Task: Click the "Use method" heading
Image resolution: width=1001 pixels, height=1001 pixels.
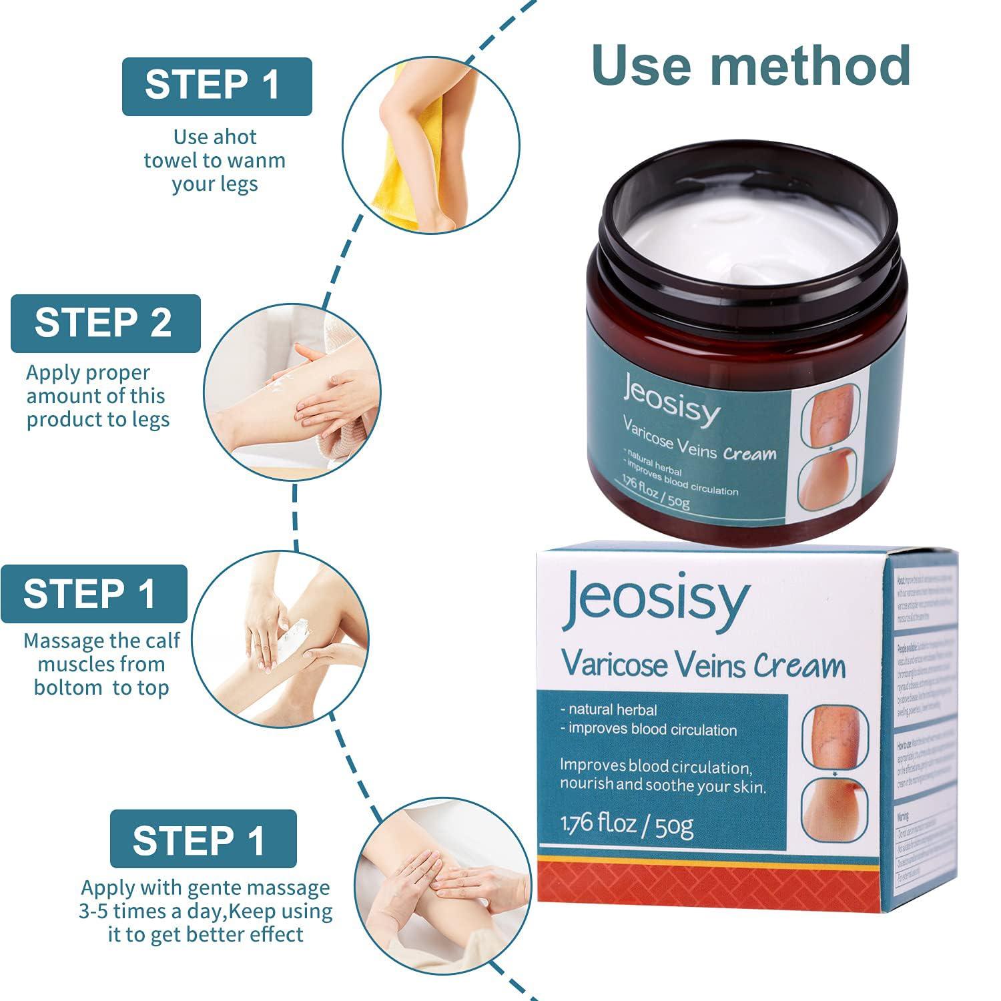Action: pyautogui.click(x=751, y=66)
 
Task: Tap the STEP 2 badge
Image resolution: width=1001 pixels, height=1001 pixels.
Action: pyautogui.click(x=105, y=323)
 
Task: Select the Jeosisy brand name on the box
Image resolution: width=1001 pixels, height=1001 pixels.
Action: pyautogui.click(x=657, y=599)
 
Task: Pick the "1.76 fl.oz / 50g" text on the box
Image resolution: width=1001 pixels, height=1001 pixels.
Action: pyautogui.click(x=627, y=825)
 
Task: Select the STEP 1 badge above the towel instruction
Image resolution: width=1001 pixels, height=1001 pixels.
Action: pyautogui.click(x=217, y=86)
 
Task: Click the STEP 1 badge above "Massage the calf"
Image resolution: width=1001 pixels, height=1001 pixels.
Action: pyautogui.click(x=94, y=593)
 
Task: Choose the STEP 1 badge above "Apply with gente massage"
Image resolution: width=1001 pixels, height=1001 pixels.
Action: pyautogui.click(x=203, y=839)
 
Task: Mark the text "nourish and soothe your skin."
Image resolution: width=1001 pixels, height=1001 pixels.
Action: pyautogui.click(x=662, y=785)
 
